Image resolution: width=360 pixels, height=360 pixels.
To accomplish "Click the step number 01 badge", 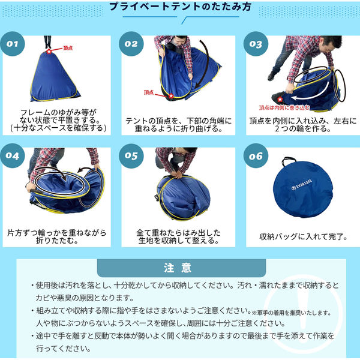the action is [x=13, y=44].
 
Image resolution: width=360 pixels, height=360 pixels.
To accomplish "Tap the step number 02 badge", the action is [x=131, y=44].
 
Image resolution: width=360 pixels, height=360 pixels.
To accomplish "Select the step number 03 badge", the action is [x=256, y=44].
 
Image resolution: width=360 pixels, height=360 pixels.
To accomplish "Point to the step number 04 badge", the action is [x=13, y=155].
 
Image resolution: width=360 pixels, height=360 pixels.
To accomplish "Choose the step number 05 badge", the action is [x=131, y=155].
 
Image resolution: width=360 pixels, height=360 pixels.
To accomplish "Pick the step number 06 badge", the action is [x=256, y=156].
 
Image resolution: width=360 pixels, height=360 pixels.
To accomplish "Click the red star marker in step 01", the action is [x=49, y=51].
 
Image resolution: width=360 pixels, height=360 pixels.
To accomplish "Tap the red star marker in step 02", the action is [x=171, y=96].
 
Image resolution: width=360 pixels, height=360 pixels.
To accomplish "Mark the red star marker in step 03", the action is [x=280, y=100].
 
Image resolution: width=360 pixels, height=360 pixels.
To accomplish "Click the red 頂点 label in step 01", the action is [x=68, y=48].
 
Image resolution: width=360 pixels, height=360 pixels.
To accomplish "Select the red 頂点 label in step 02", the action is [x=149, y=92].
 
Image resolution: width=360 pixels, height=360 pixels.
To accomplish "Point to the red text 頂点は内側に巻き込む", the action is [x=284, y=107].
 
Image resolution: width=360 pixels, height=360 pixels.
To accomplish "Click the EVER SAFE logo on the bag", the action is [x=302, y=185].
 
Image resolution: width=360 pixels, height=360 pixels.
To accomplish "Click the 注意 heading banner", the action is [x=181, y=268].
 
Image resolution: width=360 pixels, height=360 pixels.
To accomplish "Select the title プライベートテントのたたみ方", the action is [x=181, y=7].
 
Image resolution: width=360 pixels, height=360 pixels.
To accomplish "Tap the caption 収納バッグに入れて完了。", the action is [x=304, y=236].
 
